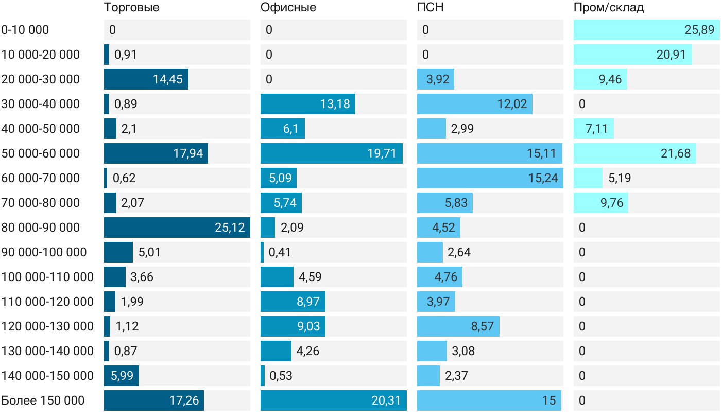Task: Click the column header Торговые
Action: [132, 7]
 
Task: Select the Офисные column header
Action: [288, 7]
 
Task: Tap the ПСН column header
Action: [431, 7]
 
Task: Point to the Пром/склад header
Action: [608, 7]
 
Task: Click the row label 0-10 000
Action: [25, 30]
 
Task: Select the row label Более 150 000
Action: [43, 400]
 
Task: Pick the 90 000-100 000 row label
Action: [44, 252]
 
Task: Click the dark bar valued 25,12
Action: [177, 228]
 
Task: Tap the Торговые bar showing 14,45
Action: [146, 79]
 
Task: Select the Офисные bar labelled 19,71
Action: [332, 153]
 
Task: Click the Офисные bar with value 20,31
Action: [334, 400]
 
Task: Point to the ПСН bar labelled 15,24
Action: [490, 178]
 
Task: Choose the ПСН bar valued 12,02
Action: [475, 104]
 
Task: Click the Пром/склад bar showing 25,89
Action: [647, 30]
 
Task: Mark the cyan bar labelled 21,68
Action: [634, 153]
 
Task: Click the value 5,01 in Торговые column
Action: [149, 252]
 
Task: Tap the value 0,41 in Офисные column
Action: [280, 252]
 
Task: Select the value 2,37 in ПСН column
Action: [456, 376]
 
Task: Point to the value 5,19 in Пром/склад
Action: [620, 178]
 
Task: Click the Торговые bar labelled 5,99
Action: [122, 376]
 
